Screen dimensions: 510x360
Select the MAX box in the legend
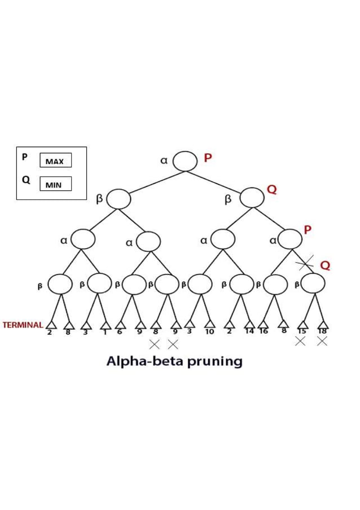pyautogui.click(x=55, y=161)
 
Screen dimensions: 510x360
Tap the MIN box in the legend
pyautogui.click(x=55, y=184)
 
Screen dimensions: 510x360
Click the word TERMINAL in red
pyautogui.click(x=23, y=325)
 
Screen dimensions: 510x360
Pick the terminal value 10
pyautogui.click(x=209, y=332)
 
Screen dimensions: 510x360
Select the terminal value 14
pyautogui.click(x=249, y=332)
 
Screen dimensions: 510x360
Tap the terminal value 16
pyautogui.click(x=264, y=332)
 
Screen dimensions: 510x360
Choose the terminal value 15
pyautogui.click(x=302, y=332)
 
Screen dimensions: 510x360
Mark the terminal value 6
pyautogui.click(x=119, y=332)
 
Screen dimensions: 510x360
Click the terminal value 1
pyautogui.click(x=106, y=332)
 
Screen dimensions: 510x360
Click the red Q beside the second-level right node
pyautogui.click(x=272, y=190)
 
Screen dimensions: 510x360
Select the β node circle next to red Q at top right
pyautogui.click(x=252, y=198)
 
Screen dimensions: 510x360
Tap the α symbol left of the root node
pyautogui.click(x=164, y=161)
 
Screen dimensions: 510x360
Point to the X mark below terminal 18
pyautogui.click(x=322, y=341)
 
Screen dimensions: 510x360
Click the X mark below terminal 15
pyautogui.click(x=300, y=341)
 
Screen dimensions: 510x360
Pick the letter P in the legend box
pyautogui.click(x=24, y=157)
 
